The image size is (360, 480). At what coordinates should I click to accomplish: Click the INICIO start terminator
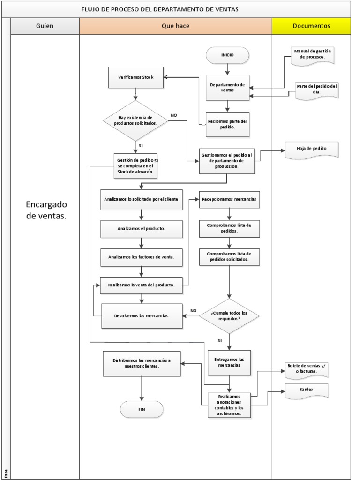[227, 55]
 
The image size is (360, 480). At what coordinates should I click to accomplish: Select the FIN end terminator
[142, 409]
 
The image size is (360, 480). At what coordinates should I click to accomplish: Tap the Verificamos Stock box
[135, 77]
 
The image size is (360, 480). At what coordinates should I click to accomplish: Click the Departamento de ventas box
[227, 88]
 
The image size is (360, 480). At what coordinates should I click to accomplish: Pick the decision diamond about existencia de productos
[135, 120]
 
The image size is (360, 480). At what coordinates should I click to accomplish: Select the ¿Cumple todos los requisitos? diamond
[229, 315]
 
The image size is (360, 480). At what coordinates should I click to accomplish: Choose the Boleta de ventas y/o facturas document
[307, 369]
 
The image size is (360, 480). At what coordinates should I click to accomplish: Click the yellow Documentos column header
[311, 26]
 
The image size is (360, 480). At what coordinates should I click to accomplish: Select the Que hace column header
[175, 26]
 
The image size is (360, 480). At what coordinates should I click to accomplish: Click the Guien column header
[45, 26]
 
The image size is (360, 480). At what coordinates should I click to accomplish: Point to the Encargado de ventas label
[46, 210]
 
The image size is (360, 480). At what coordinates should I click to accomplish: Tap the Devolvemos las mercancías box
[142, 315]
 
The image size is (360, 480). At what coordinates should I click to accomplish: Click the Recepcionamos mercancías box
[229, 199]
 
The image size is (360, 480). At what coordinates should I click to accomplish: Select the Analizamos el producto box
[142, 229]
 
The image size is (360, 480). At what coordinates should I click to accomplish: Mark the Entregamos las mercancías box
[229, 362]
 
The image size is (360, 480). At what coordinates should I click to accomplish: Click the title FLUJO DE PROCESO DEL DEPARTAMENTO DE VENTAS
[159, 9]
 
